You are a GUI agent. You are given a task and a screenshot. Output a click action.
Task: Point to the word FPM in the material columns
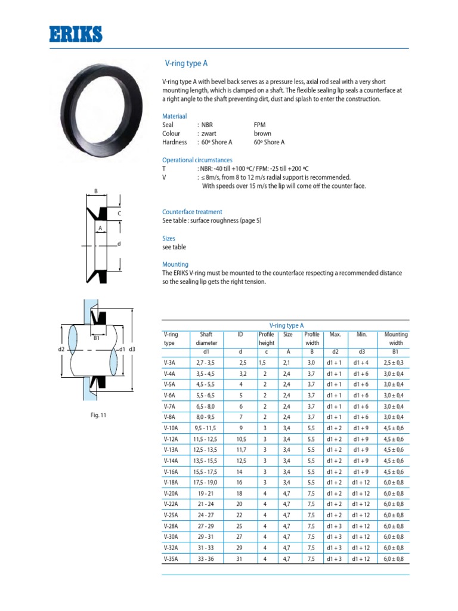click(260, 125)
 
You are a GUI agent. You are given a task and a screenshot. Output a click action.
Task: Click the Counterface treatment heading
click(192, 212)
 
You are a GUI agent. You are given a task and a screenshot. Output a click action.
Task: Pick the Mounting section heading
click(175, 264)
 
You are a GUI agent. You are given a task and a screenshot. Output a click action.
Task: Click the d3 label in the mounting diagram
click(132, 349)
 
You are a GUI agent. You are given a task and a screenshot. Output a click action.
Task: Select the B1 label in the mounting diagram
click(95, 338)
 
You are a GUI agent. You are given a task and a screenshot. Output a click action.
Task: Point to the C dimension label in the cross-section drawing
click(119, 213)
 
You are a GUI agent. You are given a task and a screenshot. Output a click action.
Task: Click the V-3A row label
click(169, 363)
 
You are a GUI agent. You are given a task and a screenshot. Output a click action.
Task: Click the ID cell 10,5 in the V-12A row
click(242, 439)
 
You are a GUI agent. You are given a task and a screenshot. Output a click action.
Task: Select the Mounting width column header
click(396, 339)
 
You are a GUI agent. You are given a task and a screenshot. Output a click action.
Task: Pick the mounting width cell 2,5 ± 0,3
click(394, 363)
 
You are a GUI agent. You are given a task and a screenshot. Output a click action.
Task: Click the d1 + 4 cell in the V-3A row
click(361, 363)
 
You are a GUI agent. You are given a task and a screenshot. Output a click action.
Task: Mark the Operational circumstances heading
click(197, 160)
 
